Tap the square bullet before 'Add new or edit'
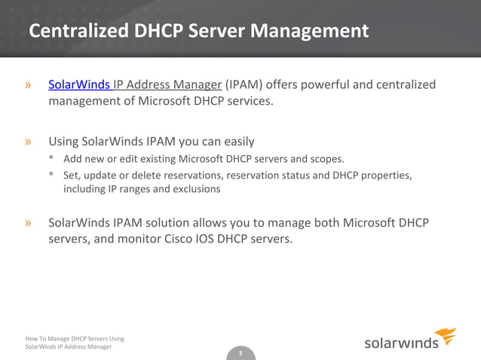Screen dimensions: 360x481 [x=51, y=158]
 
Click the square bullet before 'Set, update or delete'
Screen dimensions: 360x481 [x=51, y=175]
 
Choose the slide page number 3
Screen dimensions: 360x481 [x=240, y=354]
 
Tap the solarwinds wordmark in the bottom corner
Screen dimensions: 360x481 [x=402, y=343]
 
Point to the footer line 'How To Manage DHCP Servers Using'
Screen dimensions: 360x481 [x=75, y=338]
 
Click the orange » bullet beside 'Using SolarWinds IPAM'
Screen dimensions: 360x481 [x=29, y=141]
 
